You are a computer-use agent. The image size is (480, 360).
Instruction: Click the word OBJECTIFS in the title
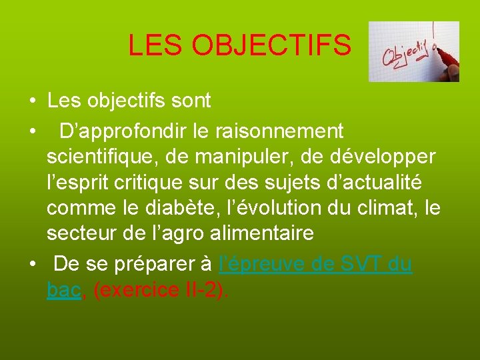(x=271, y=45)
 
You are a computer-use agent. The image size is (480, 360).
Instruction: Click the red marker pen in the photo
(x=445, y=56)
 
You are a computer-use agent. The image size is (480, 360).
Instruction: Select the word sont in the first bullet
(x=191, y=101)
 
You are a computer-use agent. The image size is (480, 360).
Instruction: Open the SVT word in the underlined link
(x=359, y=264)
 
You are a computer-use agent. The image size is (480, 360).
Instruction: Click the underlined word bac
(x=63, y=290)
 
